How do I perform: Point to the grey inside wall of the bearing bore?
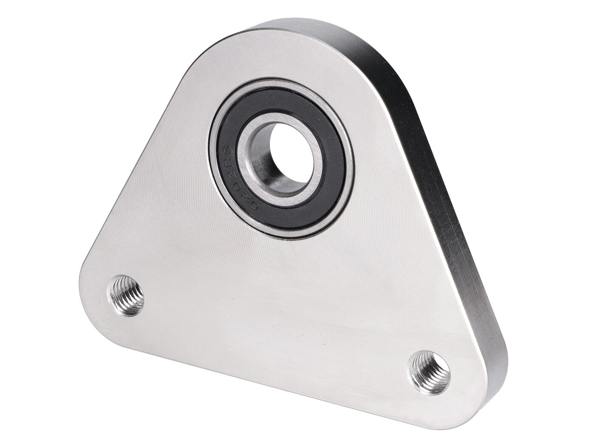260,166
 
